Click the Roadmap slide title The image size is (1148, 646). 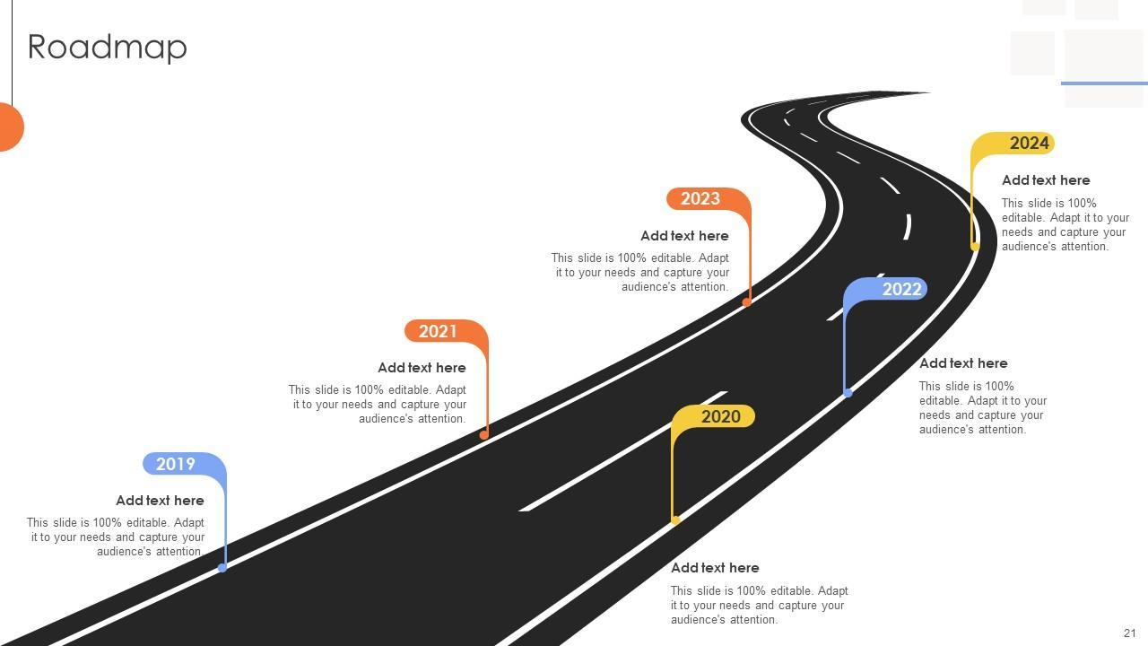(108, 47)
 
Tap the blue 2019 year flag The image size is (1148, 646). (177, 464)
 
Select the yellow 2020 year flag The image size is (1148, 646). (719, 416)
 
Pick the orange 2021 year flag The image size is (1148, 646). (439, 331)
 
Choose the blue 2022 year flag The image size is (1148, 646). (900, 289)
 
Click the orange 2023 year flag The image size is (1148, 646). (700, 198)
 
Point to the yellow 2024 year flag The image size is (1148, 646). (1028, 143)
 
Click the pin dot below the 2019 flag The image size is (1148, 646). (222, 567)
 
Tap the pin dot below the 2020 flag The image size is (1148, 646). (675, 520)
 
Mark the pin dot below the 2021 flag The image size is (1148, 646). (484, 435)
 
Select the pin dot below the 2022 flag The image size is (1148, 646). (848, 393)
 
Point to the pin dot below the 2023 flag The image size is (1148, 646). (746, 302)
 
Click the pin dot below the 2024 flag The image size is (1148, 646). (975, 247)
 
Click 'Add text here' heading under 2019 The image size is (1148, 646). (160, 501)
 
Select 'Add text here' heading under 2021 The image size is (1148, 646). (422, 368)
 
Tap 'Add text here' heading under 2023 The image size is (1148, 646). (684, 236)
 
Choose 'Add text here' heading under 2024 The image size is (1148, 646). (1046, 180)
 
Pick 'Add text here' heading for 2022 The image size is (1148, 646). (963, 363)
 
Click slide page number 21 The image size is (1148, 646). (1129, 633)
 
